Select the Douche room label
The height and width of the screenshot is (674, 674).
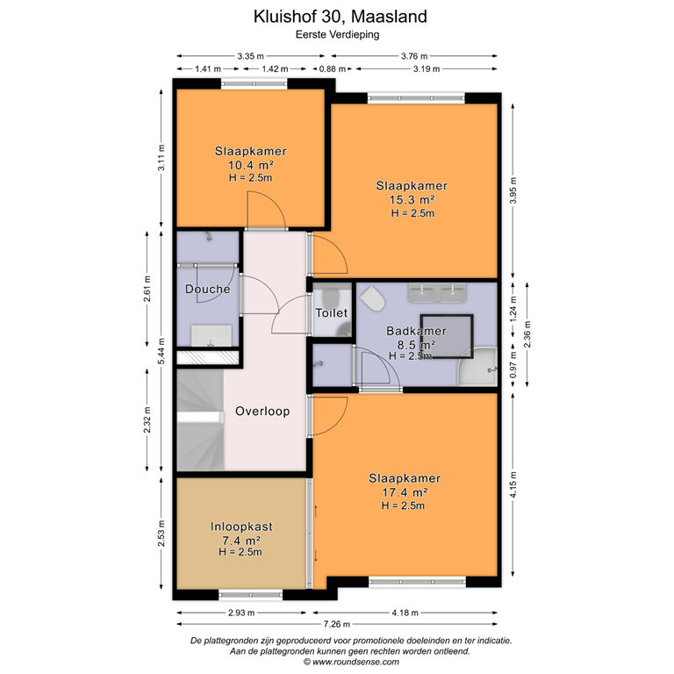(208, 289)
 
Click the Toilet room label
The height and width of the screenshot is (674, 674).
(333, 312)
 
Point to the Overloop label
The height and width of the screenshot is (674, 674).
(262, 411)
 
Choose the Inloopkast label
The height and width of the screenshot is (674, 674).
(241, 527)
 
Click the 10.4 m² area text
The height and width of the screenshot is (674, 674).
(251, 164)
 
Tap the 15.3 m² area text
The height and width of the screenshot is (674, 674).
(412, 199)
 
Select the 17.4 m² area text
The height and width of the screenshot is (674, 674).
(405, 492)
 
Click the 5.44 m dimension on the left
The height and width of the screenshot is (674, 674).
(161, 350)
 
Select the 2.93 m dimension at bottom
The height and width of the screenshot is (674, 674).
(243, 613)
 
